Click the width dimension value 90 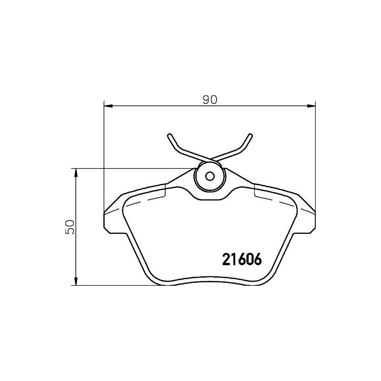(x=210, y=100)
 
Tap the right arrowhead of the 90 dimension (x=312, y=105)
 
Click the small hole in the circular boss (x=210, y=175)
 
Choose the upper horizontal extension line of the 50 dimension (x=133, y=168)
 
